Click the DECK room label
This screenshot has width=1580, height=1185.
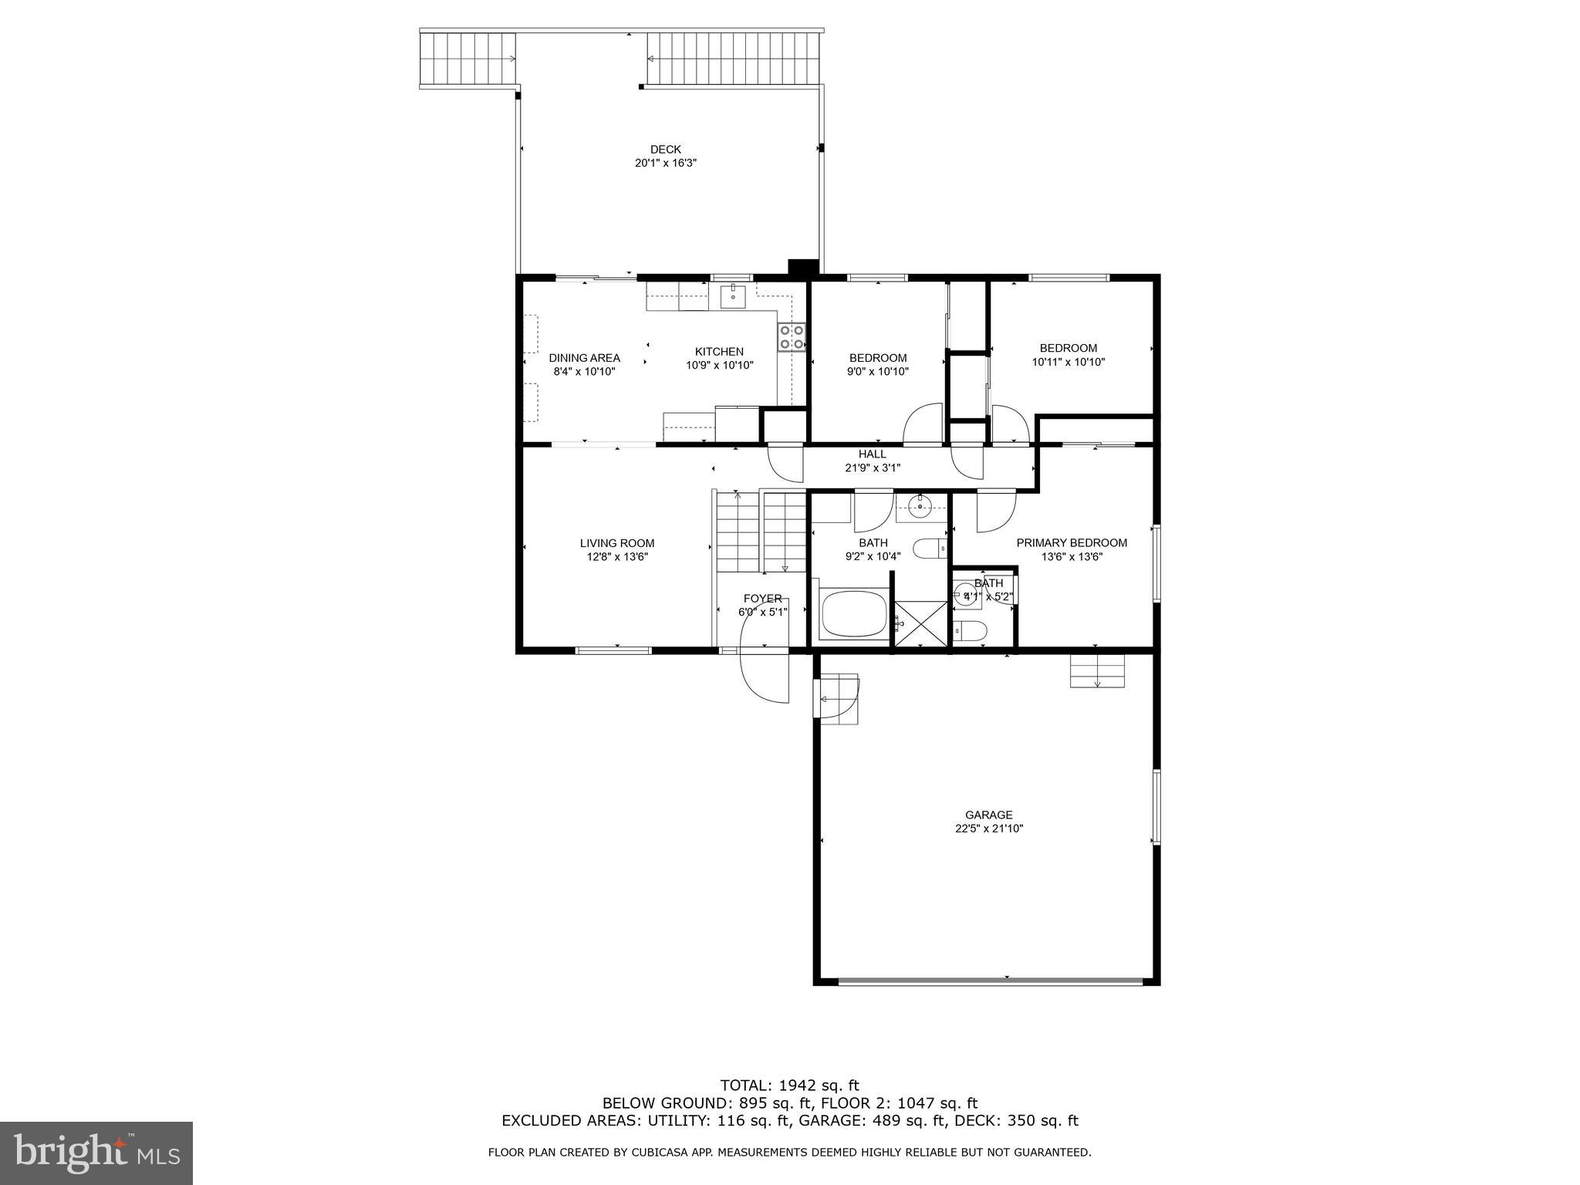click(665, 150)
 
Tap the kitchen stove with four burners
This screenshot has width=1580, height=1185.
click(792, 337)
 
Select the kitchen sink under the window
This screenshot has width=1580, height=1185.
click(733, 296)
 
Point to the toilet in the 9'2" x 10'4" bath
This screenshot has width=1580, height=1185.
click(930, 549)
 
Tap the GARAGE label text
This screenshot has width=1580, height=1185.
click(988, 815)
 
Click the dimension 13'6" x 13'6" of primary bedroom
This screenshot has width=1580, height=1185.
click(1072, 556)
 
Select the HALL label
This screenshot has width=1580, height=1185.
click(872, 454)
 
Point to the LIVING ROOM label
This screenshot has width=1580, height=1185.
click(617, 543)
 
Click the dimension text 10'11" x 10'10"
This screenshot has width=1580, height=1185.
click(1068, 362)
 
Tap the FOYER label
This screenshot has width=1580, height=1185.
click(762, 599)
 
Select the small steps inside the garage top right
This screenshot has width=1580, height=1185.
click(1097, 670)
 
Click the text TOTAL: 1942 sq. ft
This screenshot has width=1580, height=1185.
click(789, 1085)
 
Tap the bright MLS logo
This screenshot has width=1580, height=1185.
click(96, 1153)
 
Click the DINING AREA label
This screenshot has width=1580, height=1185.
click(584, 358)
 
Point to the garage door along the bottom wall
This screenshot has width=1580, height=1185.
click(991, 981)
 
